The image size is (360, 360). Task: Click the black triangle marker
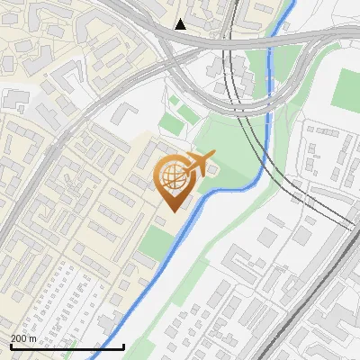tap(181, 24)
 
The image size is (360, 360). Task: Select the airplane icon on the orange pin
tap(200, 163)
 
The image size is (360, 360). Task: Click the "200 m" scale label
tap(24, 338)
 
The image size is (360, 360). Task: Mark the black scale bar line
tap(67, 346)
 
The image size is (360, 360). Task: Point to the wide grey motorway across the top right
tap(297, 37)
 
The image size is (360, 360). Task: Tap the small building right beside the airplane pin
tap(212, 166)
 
